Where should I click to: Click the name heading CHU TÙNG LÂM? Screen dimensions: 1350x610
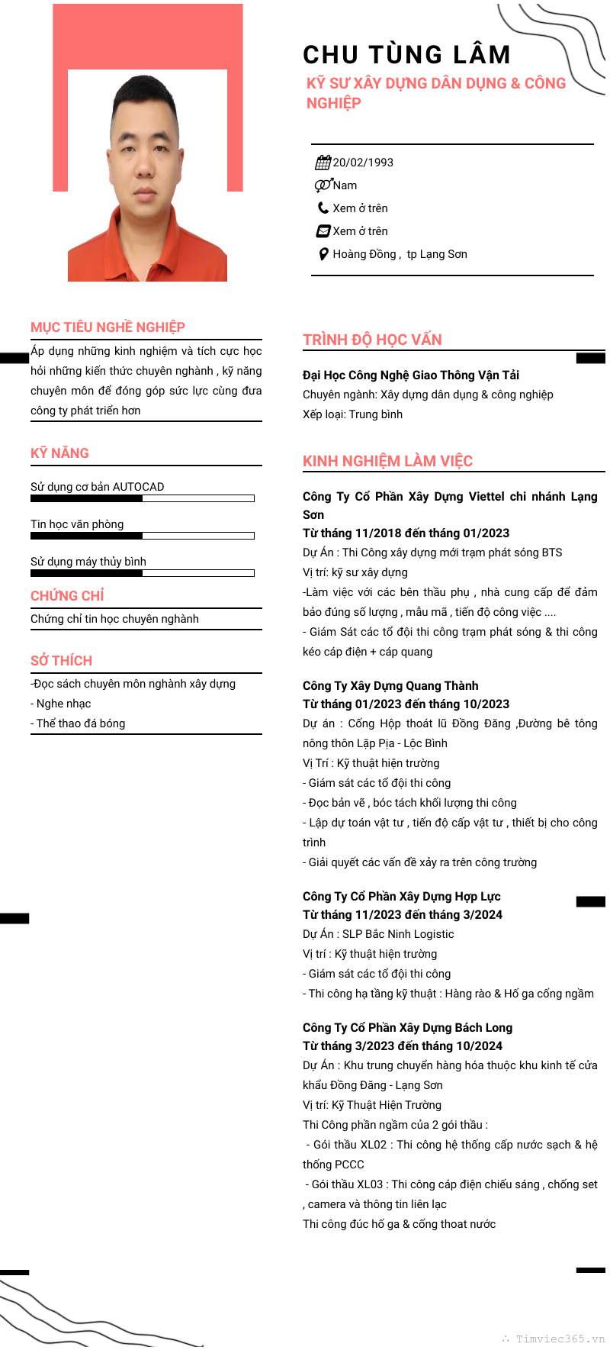(406, 55)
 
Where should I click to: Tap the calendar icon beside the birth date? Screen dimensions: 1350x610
(323, 163)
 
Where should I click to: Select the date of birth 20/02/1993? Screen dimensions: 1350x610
(363, 163)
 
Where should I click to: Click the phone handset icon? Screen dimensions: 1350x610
(323, 208)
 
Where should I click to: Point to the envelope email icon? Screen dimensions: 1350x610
(323, 231)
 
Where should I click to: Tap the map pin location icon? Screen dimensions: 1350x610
(323, 254)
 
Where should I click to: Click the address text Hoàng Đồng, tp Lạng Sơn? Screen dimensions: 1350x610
(400, 254)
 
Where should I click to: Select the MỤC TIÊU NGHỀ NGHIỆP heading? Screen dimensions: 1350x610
(108, 327)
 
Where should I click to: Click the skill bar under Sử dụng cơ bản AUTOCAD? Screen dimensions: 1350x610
(142, 498)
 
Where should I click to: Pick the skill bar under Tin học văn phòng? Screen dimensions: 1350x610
(142, 536)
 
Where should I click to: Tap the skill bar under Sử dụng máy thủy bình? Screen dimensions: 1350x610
(142, 573)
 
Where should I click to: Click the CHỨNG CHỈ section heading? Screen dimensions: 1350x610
(67, 596)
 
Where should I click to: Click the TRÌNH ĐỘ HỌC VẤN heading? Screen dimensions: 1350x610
(372, 340)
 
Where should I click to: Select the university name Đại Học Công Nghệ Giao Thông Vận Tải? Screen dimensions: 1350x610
(411, 375)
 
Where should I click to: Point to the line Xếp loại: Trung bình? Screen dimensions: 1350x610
(352, 414)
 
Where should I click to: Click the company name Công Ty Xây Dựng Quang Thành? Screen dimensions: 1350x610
(390, 686)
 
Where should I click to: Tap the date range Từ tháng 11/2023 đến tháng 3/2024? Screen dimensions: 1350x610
(403, 914)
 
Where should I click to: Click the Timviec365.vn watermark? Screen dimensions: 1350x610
(559, 1339)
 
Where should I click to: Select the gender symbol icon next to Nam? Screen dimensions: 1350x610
(323, 185)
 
